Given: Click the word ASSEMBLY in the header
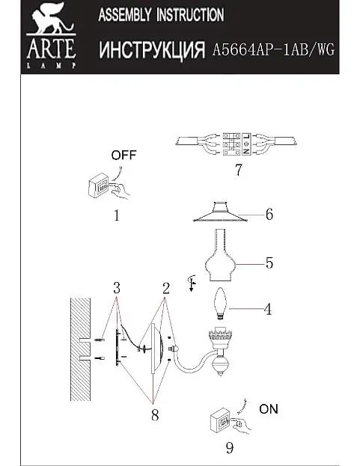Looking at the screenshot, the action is click(x=124, y=15).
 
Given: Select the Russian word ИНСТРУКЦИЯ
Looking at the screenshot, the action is click(x=152, y=49).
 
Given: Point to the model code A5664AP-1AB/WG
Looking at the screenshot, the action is click(x=273, y=49).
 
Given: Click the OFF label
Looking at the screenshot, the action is click(x=123, y=155).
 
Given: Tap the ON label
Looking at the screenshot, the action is click(x=269, y=409).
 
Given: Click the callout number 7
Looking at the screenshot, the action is click(x=239, y=170).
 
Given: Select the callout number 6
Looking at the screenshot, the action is click(x=269, y=214).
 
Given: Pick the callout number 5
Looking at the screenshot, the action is click(x=269, y=263).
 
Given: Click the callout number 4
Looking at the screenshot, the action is click(x=268, y=309).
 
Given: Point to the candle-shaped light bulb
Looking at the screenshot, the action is click(x=220, y=304).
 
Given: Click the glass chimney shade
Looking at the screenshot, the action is click(x=220, y=255).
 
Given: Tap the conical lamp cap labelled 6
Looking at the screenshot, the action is click(x=220, y=212).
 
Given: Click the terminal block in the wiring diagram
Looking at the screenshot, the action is click(x=237, y=144).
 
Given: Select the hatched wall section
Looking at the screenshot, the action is click(x=81, y=349).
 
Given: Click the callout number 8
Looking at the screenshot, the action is click(x=155, y=415).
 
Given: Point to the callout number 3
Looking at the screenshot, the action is click(x=117, y=288).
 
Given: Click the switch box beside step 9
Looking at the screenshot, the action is click(x=220, y=421).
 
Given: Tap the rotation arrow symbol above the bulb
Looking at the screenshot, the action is click(x=192, y=283).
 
